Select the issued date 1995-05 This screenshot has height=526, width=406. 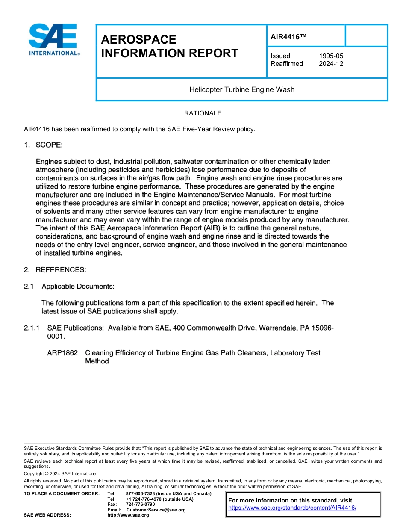point(331,56)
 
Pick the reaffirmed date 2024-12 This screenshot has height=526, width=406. point(331,64)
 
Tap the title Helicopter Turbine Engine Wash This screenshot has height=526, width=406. point(242,89)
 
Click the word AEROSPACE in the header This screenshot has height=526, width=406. point(138,40)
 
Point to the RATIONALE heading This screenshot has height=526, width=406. point(203,113)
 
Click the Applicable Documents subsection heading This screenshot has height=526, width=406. point(78,286)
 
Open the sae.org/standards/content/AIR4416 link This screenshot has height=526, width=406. point(292,508)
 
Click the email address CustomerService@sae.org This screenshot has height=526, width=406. point(156,510)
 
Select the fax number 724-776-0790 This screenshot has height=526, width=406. point(140,505)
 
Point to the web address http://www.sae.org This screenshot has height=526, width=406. point(128,515)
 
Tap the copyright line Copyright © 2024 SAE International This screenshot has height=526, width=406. point(61,473)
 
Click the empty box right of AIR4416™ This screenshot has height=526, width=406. point(366,35)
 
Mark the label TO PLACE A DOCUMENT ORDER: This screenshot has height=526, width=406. point(62,494)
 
